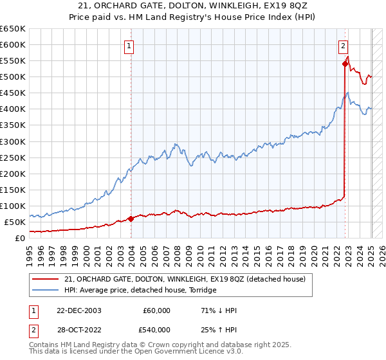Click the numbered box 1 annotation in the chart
click(x=129, y=46)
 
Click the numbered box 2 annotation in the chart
click(x=344, y=46)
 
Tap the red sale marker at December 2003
click(x=131, y=219)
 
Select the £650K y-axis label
click(x=12, y=29)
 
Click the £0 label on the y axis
click(x=19, y=238)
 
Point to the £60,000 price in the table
click(x=158, y=310)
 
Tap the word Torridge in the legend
click(x=201, y=290)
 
